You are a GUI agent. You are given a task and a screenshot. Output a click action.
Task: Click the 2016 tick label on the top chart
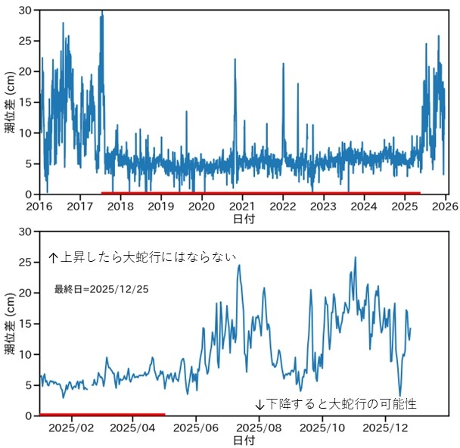(39, 206)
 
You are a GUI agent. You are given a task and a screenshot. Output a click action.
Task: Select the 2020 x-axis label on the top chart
(201, 206)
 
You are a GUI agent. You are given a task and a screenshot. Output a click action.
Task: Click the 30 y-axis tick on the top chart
(26, 11)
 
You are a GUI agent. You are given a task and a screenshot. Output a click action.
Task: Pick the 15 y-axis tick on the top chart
(26, 102)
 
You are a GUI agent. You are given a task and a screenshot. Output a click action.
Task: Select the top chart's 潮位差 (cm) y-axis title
(9, 102)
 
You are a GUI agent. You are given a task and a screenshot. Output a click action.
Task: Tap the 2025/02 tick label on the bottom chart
(71, 428)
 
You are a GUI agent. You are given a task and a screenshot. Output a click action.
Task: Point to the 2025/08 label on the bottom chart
(260, 428)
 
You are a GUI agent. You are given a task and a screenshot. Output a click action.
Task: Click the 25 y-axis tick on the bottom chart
(26, 262)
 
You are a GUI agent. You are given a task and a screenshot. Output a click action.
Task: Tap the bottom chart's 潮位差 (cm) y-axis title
(9, 324)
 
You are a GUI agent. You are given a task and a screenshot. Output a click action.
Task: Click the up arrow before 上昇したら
(53, 257)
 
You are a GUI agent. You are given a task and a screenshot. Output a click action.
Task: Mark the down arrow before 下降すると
(259, 404)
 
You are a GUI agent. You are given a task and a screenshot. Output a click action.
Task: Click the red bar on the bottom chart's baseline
(102, 414)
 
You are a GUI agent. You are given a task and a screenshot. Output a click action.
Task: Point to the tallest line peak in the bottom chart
(355, 257)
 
